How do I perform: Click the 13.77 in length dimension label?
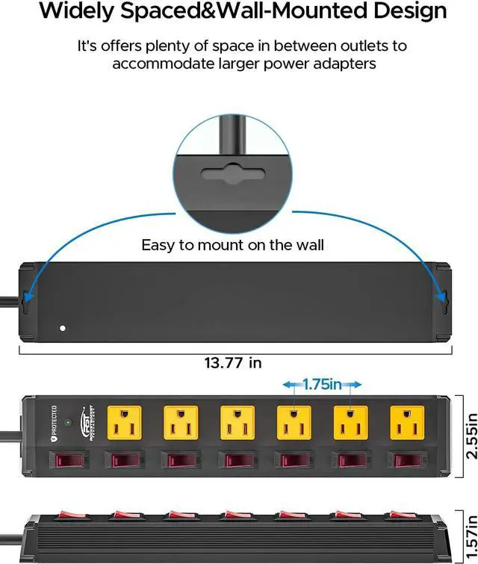pyautogui.click(x=233, y=363)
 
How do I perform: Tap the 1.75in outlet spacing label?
pyautogui.click(x=322, y=384)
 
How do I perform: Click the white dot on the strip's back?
pyautogui.click(x=63, y=328)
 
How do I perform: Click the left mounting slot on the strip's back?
pyautogui.click(x=28, y=300)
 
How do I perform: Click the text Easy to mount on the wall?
pyautogui.click(x=232, y=245)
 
